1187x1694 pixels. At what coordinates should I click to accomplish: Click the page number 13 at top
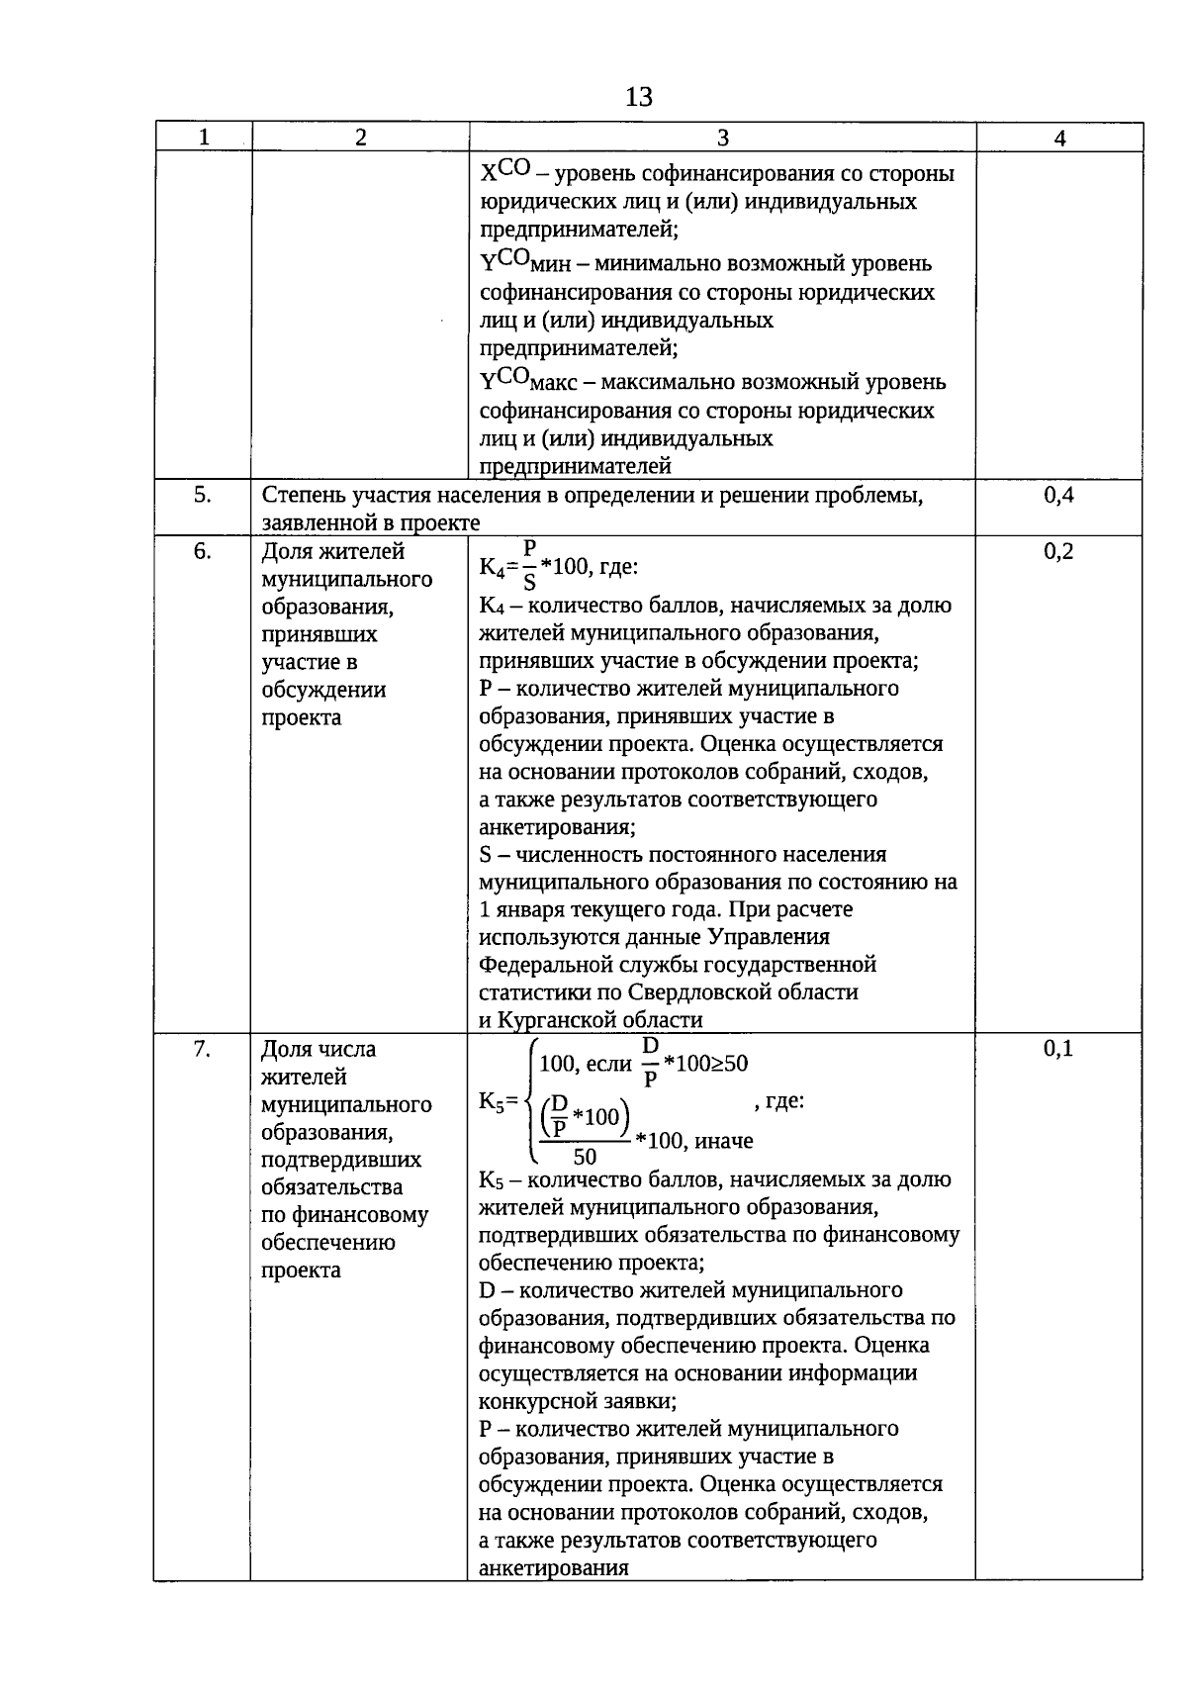point(639,97)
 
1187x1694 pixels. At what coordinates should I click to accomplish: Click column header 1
point(203,139)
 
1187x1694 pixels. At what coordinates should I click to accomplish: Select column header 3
point(722,139)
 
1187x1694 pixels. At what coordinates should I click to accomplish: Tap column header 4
point(1059,139)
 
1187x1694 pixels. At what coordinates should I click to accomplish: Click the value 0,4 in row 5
point(1058,496)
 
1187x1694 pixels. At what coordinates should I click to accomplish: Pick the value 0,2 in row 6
point(1058,552)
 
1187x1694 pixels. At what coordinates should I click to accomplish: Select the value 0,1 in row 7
point(1058,1049)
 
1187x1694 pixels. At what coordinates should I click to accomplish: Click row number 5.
point(203,496)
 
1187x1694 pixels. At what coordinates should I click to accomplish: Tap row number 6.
point(203,552)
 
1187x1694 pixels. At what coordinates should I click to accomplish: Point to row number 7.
point(203,1049)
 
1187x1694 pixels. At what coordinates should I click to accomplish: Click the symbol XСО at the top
point(506,172)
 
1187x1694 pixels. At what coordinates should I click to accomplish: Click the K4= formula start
point(499,567)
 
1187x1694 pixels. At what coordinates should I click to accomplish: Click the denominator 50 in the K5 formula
point(585,1157)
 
